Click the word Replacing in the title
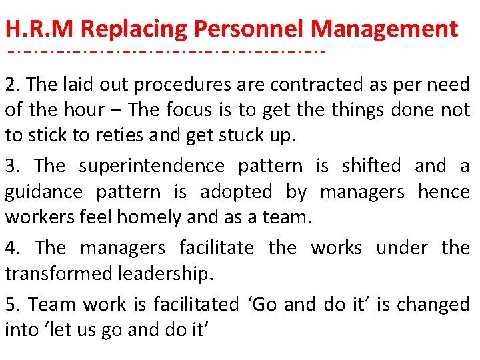tap(135, 29)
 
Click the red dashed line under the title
tap(163, 50)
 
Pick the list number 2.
tap(12, 85)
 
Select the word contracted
tap(307, 85)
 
